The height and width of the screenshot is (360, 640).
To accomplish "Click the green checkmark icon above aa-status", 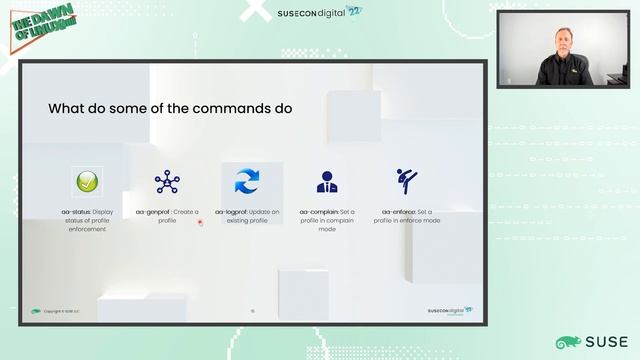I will [87, 182].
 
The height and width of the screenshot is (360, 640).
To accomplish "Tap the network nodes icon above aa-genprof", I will [167, 182].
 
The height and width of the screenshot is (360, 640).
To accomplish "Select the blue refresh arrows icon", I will [247, 182].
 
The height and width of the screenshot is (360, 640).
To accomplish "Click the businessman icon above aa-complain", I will [326, 182].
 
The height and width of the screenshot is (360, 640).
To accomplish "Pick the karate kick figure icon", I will [406, 181].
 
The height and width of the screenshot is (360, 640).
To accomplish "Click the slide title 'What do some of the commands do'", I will [170, 108].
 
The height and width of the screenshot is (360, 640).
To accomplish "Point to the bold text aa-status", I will [75, 212].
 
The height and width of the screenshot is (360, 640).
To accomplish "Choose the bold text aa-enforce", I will [399, 212].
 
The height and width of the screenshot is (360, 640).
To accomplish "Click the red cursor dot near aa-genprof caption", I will [200, 222].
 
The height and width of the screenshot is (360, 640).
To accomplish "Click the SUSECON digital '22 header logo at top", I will [320, 13].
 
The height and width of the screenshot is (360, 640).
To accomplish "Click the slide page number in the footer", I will [252, 311].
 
